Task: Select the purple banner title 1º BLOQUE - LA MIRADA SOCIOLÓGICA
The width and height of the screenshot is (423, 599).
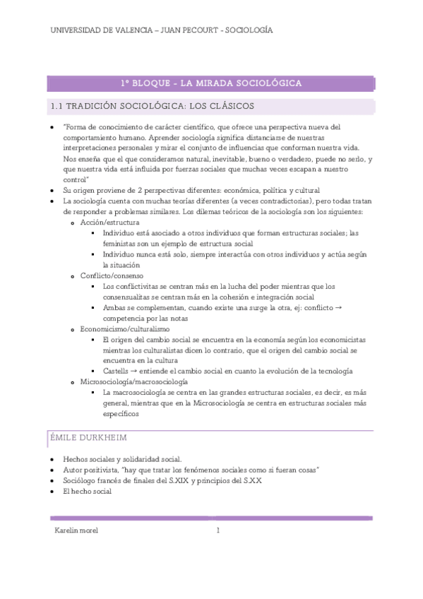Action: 211,83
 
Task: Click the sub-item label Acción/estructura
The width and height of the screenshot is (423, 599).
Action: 109,223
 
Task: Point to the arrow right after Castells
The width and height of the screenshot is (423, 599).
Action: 134,372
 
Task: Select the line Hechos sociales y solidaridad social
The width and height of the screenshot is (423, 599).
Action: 122,458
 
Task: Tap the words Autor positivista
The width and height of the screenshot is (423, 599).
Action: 90,470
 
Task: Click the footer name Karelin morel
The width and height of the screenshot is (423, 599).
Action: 76,531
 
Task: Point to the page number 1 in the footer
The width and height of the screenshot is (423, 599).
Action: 218,531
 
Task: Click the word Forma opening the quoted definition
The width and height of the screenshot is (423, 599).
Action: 78,127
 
